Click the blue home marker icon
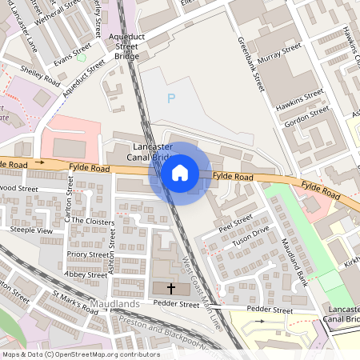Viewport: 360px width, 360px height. point(180,173)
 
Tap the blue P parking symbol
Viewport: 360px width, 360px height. point(170,98)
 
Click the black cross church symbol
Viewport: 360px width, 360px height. point(170,288)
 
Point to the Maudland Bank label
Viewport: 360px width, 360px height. point(294,264)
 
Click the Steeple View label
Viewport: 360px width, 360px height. point(30,230)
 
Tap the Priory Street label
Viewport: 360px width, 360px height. point(88,254)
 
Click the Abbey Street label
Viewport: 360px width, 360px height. point(86,274)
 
